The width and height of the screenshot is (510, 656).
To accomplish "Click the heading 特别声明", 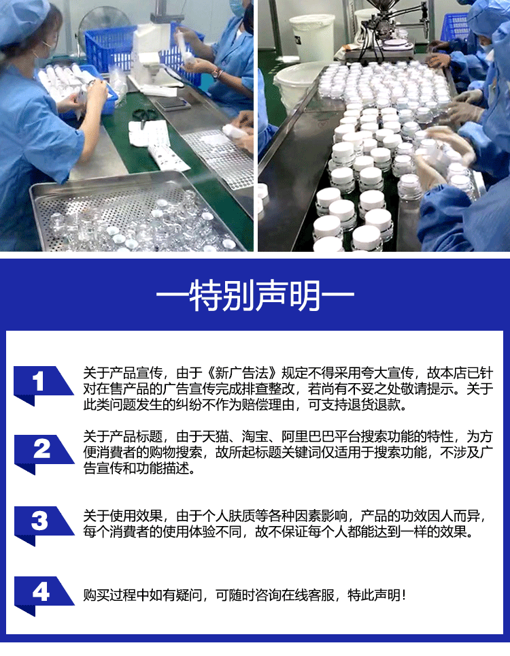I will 255,297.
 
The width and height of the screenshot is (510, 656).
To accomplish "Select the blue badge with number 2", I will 41,450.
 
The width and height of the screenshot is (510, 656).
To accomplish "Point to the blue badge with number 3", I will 41,522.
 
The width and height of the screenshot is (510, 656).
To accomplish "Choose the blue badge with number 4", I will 41,593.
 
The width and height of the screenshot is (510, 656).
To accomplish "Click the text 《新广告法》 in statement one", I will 242,374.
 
